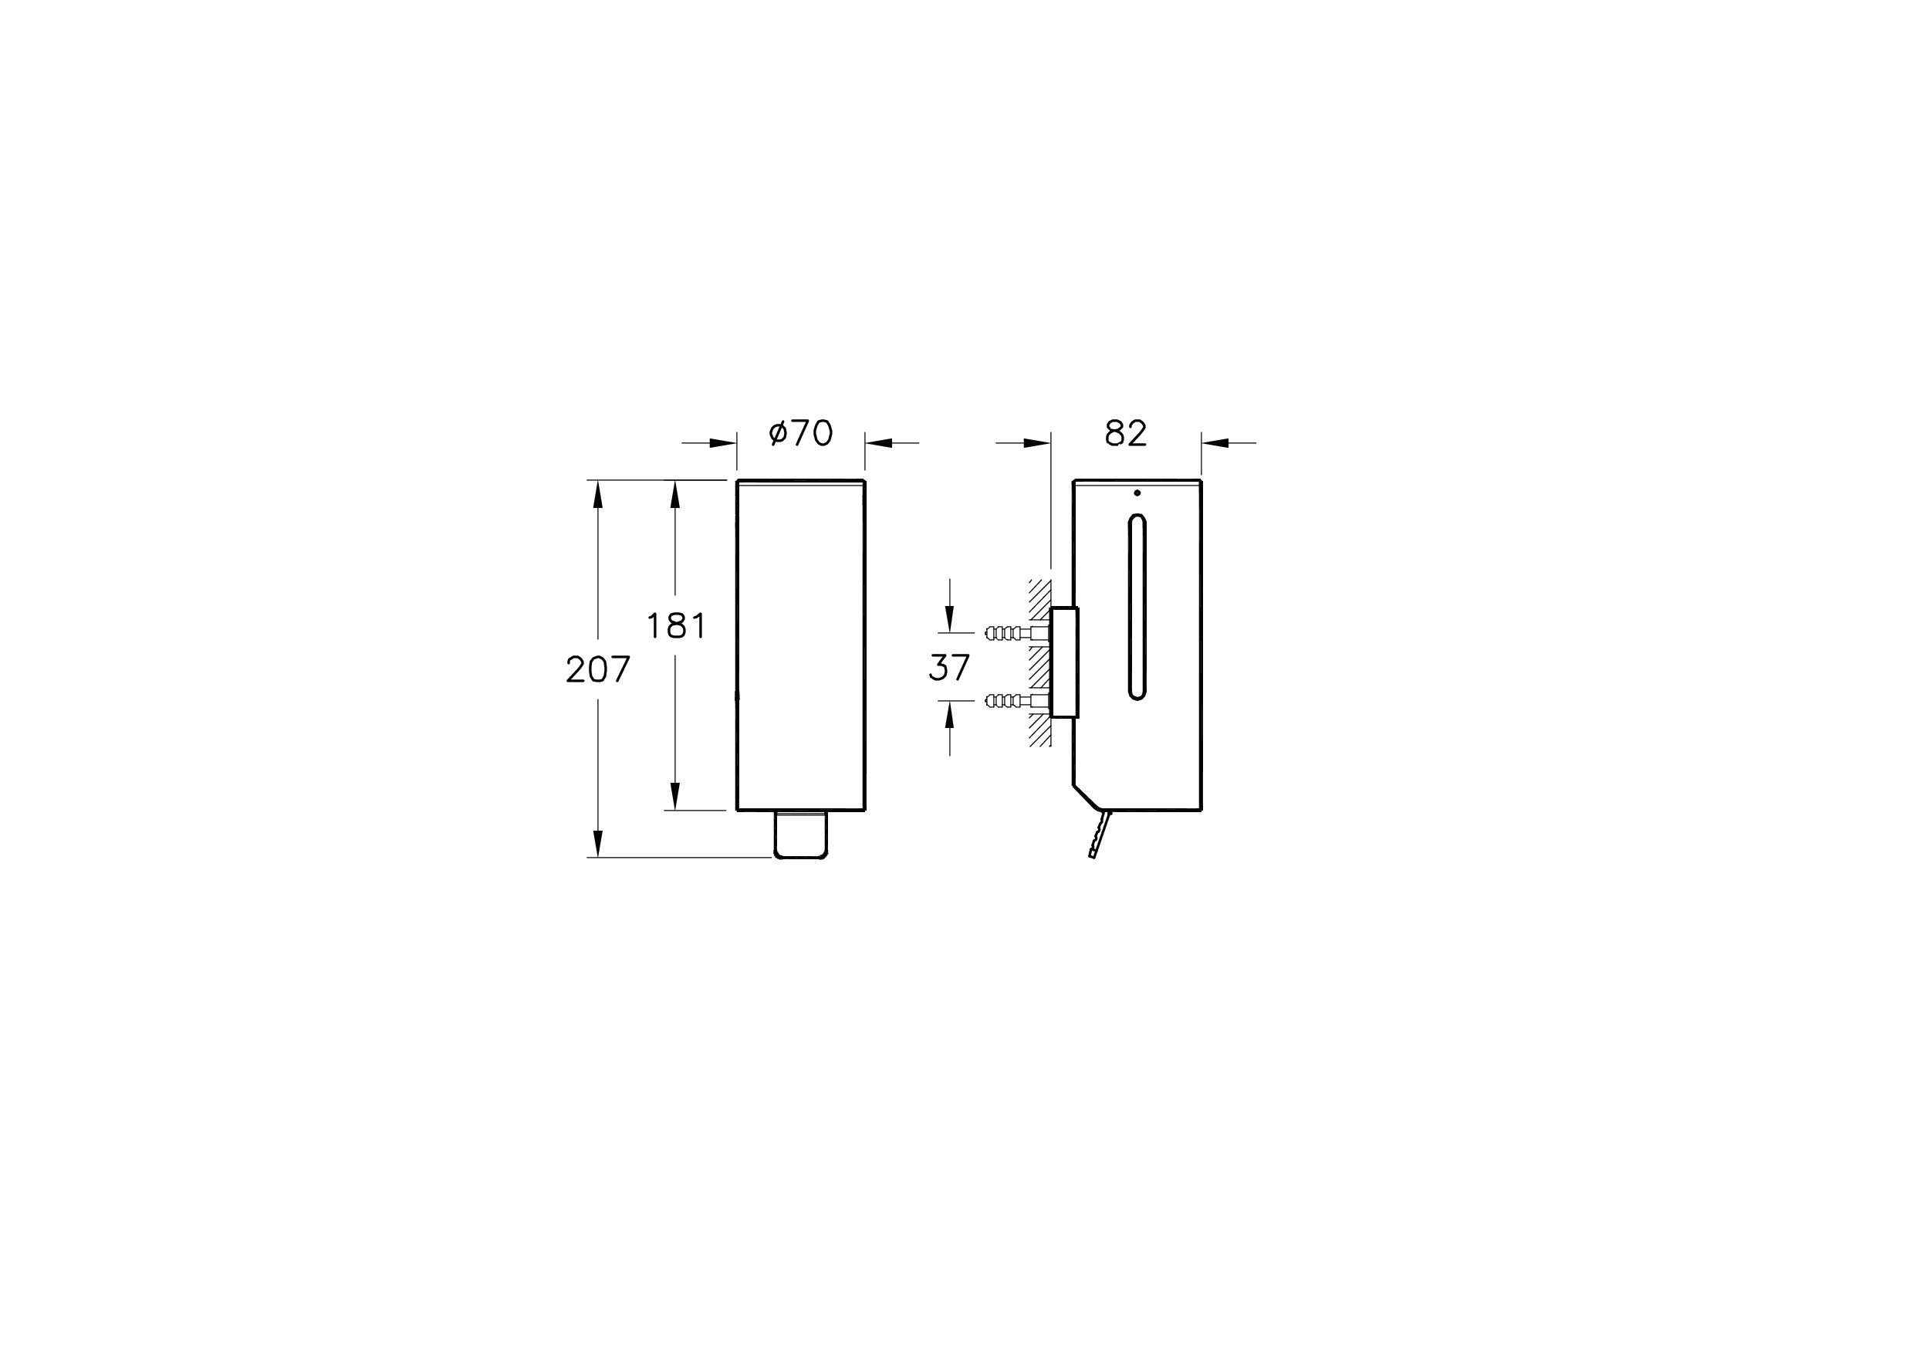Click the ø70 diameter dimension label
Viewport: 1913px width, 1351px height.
pos(801,433)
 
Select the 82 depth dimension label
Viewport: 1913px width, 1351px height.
pos(1126,433)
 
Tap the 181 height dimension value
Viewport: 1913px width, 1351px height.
pos(677,626)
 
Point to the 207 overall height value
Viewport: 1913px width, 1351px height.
pos(598,669)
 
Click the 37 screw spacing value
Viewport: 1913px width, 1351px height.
pos(950,668)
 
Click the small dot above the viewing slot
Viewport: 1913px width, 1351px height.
pos(1137,493)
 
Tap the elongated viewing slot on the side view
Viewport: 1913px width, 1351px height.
pos(1137,608)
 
